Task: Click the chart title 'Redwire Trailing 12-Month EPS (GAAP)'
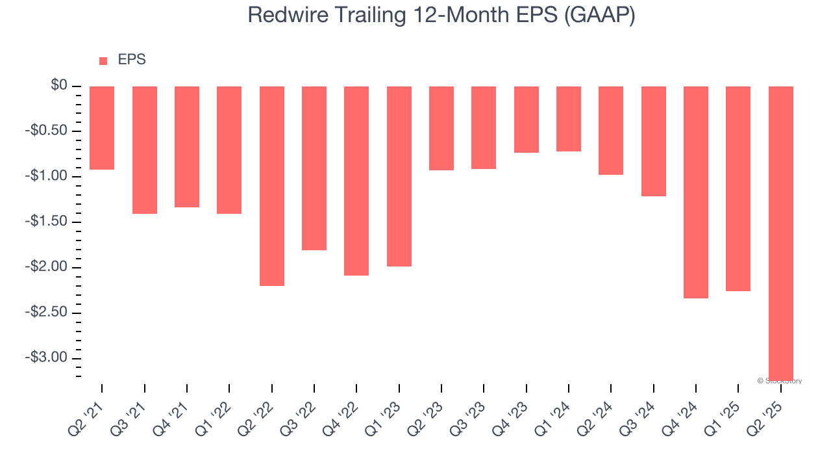tap(441, 15)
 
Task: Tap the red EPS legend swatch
tap(103, 61)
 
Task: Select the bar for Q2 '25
tap(780, 232)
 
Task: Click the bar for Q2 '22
tap(271, 186)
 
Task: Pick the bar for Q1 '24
tap(569, 119)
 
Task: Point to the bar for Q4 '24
tap(696, 192)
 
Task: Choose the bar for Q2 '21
tap(102, 128)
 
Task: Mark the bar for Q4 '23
tap(526, 120)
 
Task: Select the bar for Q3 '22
tap(314, 168)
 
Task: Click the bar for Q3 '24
tap(653, 141)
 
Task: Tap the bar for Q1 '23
tap(399, 176)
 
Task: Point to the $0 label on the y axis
tap(60, 86)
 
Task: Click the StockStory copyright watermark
tap(780, 381)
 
